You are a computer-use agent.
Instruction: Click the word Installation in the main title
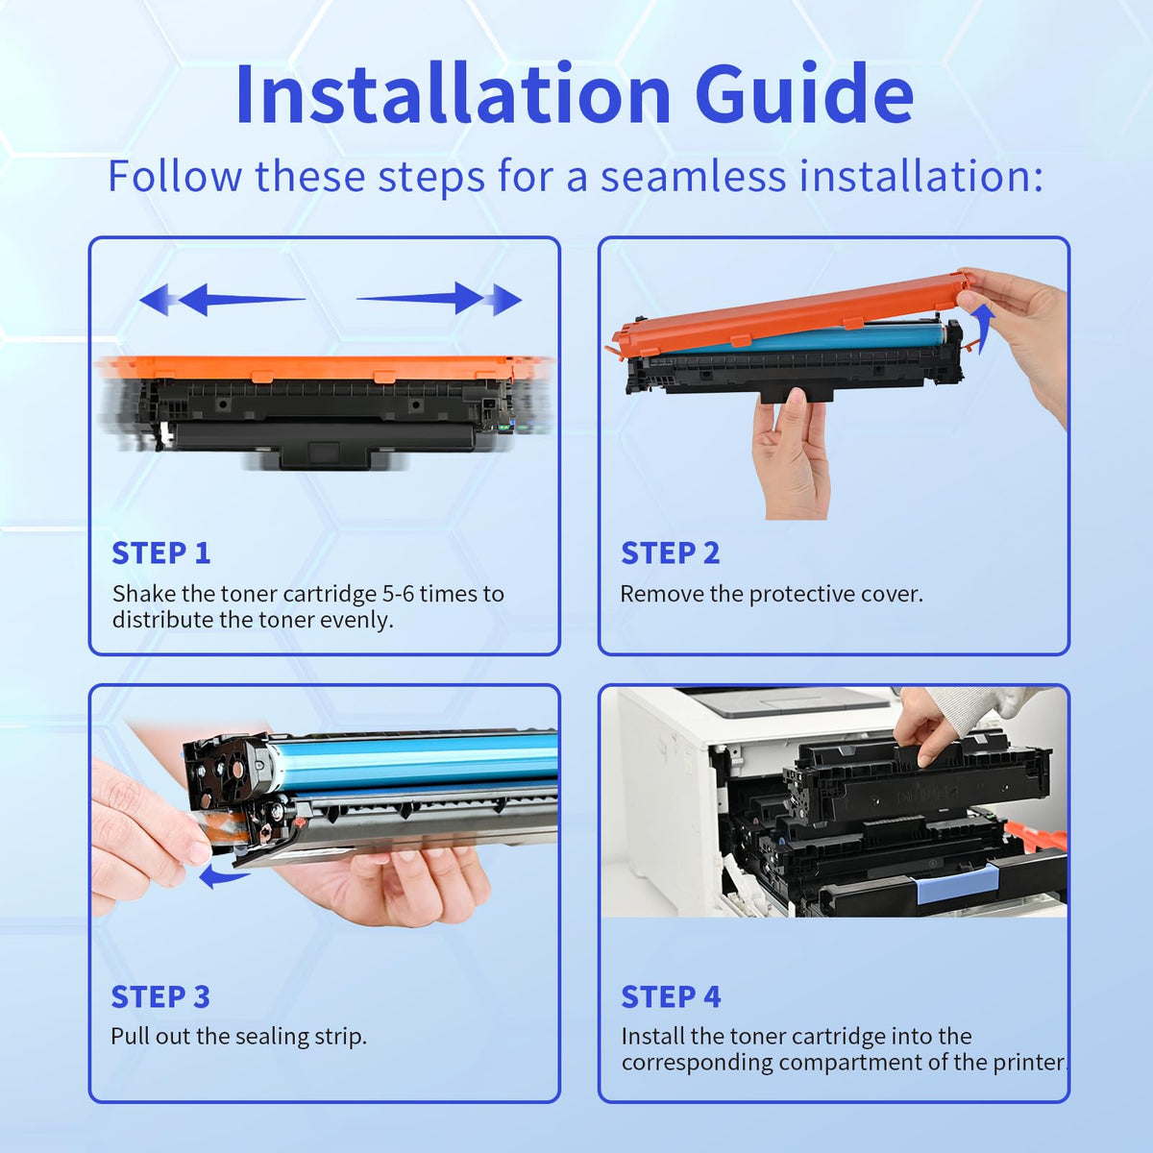coord(453,94)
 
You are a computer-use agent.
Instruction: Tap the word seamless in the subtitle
coord(693,176)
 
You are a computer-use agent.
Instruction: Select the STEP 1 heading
coord(161,552)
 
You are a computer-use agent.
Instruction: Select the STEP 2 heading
coord(670,552)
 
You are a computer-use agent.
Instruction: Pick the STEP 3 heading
coord(160,996)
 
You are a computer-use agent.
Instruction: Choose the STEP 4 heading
coord(671,996)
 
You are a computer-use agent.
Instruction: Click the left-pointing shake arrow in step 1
coord(223,299)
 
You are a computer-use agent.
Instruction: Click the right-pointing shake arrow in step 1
coord(439,298)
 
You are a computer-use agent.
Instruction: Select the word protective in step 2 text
coord(801,595)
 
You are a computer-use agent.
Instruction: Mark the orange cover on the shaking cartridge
coord(323,367)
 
